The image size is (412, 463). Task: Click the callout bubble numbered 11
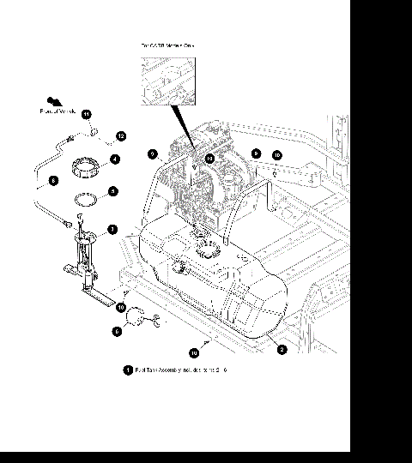pyautogui.click(x=86, y=114)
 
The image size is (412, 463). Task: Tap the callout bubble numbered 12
pyautogui.click(x=121, y=136)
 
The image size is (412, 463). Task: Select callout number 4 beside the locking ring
pyautogui.click(x=114, y=159)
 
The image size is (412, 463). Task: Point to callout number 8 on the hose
pyautogui.click(x=52, y=181)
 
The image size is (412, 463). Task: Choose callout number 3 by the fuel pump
pyautogui.click(x=112, y=229)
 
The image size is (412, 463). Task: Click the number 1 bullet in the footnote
pyautogui.click(x=128, y=370)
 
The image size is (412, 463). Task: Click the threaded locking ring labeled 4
pyautogui.click(x=85, y=163)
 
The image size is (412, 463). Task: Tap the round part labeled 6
pyautogui.click(x=136, y=320)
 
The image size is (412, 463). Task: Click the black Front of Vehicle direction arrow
pyautogui.click(x=54, y=101)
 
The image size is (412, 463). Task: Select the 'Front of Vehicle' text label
pyautogui.click(x=58, y=111)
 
